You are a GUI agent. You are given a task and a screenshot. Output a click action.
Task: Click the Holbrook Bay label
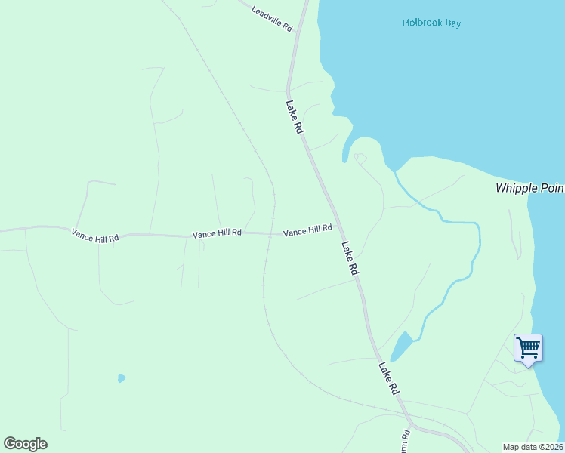(431, 23)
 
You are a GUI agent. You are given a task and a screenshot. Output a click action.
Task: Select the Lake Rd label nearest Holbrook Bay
(295, 118)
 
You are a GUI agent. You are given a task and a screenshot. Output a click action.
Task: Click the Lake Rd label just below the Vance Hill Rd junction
(349, 258)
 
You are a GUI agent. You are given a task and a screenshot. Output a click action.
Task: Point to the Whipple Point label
(529, 188)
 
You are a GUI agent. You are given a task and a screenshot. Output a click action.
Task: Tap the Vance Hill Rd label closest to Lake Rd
(307, 230)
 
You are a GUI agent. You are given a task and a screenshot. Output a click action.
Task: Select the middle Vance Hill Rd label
(217, 233)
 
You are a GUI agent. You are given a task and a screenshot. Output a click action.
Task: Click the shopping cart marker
(528, 349)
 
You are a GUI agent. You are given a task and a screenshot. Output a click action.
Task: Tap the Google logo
(25, 443)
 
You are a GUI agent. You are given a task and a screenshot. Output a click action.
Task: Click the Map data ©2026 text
(533, 447)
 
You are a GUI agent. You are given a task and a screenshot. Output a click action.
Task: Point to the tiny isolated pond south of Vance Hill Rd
(121, 377)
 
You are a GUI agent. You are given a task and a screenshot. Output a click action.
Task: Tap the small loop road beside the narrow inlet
(360, 159)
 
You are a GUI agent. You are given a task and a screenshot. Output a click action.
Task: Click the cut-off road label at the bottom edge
(406, 440)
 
